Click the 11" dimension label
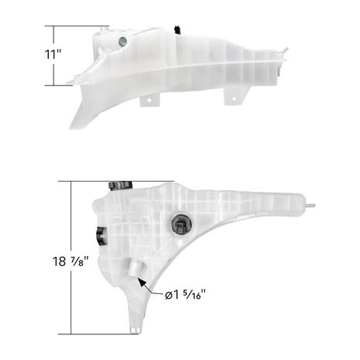pyautogui.click(x=53, y=54)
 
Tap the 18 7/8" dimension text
pyautogui.click(x=71, y=261)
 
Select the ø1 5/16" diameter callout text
pyautogui.click(x=185, y=295)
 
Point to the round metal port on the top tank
pyautogui.click(x=123, y=41)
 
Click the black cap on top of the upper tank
pyautogui.click(x=178, y=29)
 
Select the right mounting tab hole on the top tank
pyautogui.click(x=234, y=99)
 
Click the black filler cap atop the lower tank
pyautogui.click(x=120, y=185)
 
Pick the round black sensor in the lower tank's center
pyautogui.click(x=181, y=223)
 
